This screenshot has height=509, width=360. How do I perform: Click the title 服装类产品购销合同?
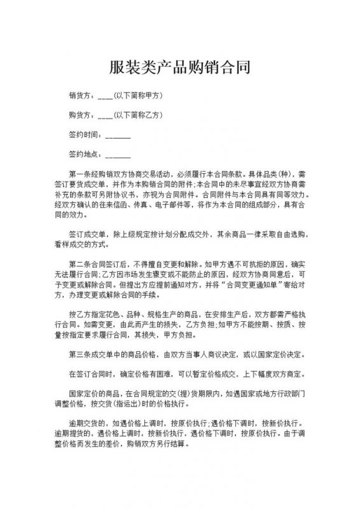(x=180, y=66)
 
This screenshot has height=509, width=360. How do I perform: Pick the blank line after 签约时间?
(x=117, y=136)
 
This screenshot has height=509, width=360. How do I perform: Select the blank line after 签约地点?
(x=117, y=156)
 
